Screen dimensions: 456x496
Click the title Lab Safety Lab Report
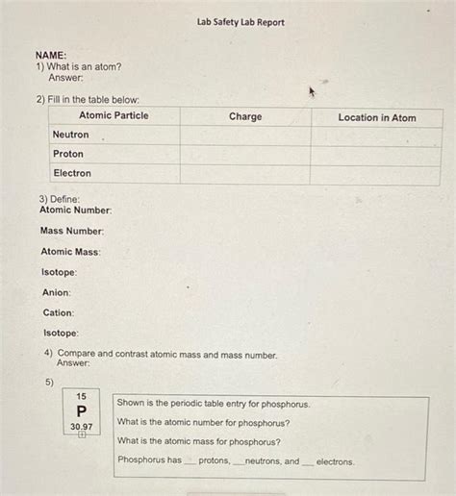(241, 22)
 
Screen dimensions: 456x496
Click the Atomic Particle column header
(114, 116)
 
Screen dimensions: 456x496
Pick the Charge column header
(245, 117)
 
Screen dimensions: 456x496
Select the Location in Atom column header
(377, 118)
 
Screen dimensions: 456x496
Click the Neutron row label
(70, 136)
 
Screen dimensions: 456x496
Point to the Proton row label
(68, 154)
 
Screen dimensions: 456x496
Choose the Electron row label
(72, 173)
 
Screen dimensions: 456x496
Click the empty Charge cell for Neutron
(245, 136)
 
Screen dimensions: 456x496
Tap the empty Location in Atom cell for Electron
(375, 174)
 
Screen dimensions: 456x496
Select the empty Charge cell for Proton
(245, 155)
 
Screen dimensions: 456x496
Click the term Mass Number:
(72, 231)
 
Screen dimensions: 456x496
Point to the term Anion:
(57, 292)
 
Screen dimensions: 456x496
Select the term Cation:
(59, 312)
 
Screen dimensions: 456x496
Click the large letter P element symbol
(82, 410)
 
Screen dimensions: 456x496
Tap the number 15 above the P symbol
(82, 396)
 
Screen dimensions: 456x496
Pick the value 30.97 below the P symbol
(82, 426)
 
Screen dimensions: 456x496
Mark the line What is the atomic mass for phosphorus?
(199, 441)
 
